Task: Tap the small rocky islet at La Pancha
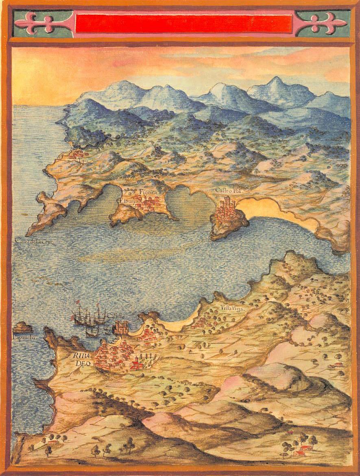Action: (22, 327)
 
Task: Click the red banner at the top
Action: (184, 24)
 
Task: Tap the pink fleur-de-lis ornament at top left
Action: (42, 23)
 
